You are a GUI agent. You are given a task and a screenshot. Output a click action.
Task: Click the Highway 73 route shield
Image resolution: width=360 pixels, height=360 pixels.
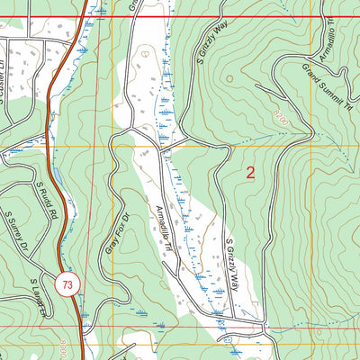[66, 284]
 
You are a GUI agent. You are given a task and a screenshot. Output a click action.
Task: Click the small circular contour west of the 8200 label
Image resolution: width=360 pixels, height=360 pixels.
[229, 78]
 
